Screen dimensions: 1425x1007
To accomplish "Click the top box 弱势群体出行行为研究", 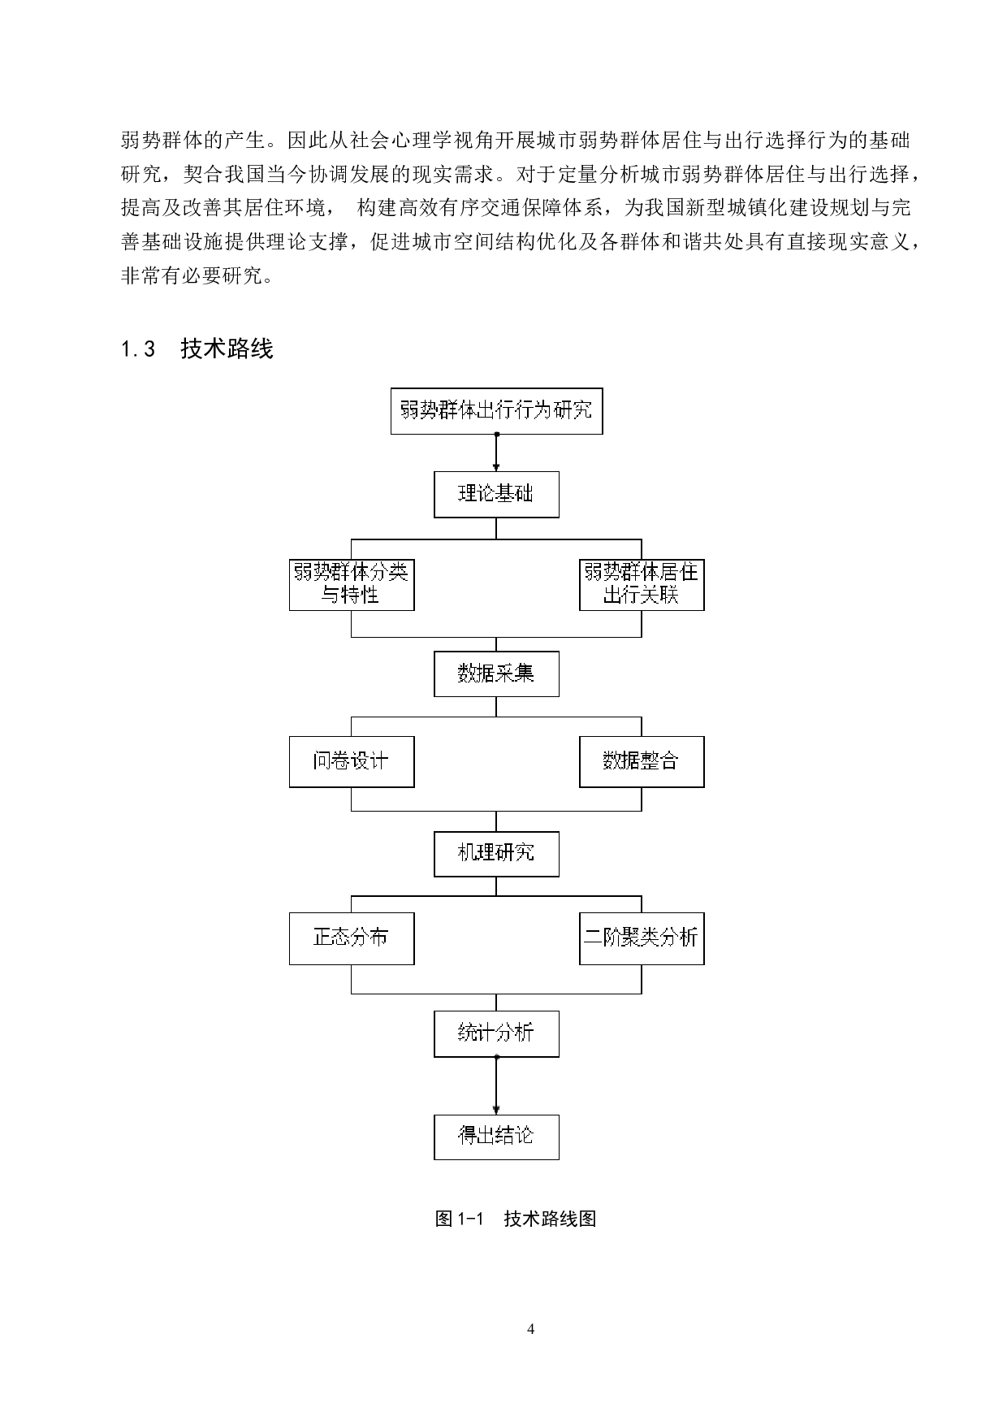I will point(496,410).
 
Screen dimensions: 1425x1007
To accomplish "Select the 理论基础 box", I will point(496,494).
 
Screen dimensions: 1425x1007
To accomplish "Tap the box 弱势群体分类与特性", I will point(352,584).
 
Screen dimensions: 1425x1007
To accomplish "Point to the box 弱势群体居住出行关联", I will point(642,584).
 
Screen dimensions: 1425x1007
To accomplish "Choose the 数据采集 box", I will point(496,674).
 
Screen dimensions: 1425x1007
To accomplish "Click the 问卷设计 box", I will point(352,761).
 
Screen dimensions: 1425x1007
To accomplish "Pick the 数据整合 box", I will point(642,761).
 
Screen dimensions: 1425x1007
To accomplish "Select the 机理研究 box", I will point(496,853).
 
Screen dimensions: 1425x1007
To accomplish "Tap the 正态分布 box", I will point(352,938).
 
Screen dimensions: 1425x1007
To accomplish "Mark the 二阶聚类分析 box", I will point(642,938).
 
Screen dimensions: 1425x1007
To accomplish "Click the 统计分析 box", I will point(496,1033).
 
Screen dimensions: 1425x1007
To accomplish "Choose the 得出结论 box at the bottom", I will point(496,1136).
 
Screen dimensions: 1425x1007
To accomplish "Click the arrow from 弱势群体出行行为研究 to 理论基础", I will point(496,452).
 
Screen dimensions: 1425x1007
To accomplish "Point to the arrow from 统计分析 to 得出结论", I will point(496,1085).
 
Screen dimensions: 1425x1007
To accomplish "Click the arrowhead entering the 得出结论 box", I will point(496,1109).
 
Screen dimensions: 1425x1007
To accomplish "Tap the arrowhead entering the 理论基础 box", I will point(496,467).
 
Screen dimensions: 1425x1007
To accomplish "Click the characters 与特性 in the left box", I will point(350,596).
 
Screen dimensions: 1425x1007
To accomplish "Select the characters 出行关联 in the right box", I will point(641,596).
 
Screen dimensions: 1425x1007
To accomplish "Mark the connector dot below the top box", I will point(496,435).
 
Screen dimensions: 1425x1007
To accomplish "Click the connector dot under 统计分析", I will point(496,1057).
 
